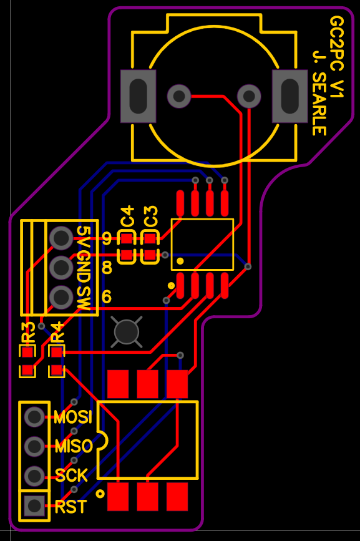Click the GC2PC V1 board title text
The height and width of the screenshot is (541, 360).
pos(336,57)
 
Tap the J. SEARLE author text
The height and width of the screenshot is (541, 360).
pos(319,93)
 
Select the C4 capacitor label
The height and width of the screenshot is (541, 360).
pos(127,217)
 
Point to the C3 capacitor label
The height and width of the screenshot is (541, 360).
pos(150,217)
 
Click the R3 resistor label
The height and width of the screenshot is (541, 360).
pos(28,333)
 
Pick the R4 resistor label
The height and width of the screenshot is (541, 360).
pos(57,333)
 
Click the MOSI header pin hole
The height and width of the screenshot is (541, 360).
pos(34,417)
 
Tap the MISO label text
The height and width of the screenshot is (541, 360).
pos(74,446)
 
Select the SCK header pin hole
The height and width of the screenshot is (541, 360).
pos(34,476)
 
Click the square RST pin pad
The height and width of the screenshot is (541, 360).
pos(34,506)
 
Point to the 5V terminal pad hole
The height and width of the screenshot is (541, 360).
pos(61,238)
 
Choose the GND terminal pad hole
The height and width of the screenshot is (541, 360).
pos(61,268)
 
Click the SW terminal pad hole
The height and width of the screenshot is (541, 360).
pos(61,297)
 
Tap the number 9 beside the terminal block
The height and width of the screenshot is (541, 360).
pos(107,238)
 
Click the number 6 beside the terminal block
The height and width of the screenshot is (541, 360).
pos(107,297)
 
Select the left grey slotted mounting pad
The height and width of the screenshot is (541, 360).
pos(139,96)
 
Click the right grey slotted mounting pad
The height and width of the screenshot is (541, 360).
pos(290,96)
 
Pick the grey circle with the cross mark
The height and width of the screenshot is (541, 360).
pos(127,332)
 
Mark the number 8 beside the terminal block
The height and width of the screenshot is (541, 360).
pos(107,268)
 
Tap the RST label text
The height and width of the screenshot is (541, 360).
pos(71,507)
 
